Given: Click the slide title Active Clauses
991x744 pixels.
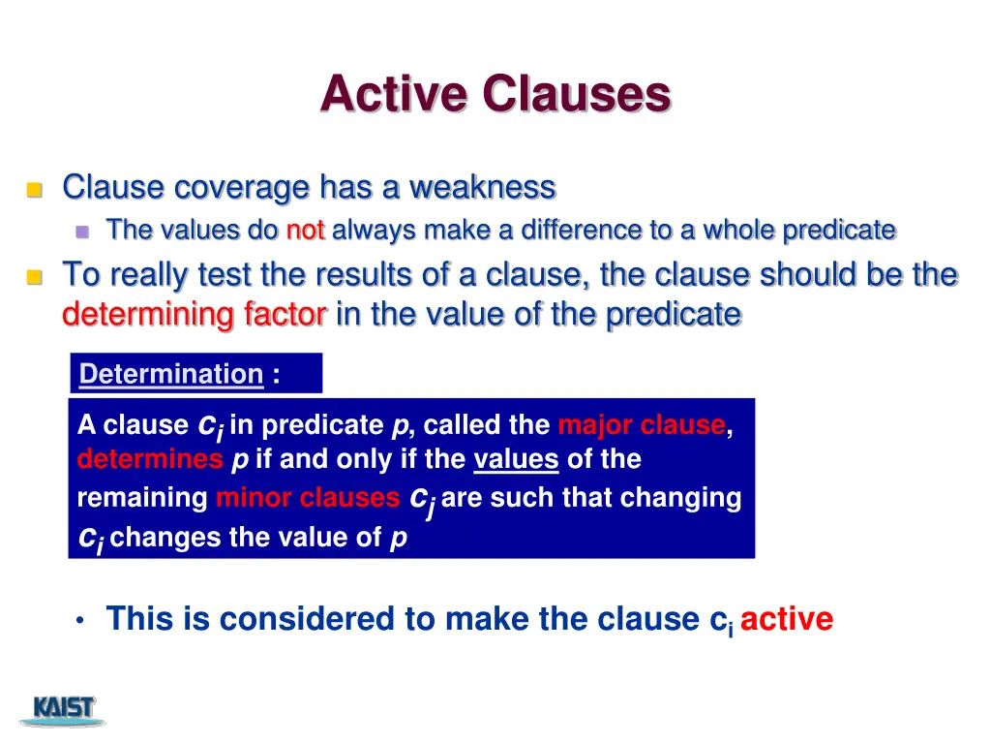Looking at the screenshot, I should pos(495,95).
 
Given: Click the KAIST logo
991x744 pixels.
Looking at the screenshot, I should pos(64,710).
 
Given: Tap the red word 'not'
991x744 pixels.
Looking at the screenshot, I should pos(306,231).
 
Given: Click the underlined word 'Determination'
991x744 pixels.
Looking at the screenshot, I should pos(171,374).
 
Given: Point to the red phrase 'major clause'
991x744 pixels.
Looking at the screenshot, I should pos(642,425).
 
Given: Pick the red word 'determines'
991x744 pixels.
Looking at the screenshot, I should pos(150,459).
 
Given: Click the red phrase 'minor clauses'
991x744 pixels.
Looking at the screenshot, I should pos(308,498).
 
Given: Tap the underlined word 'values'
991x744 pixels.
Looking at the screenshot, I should pos(516,459).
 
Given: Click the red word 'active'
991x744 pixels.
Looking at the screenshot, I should pos(786,619).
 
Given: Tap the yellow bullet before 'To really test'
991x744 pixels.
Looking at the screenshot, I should pos(35,278).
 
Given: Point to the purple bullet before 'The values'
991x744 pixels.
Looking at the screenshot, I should pos(82,232).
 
